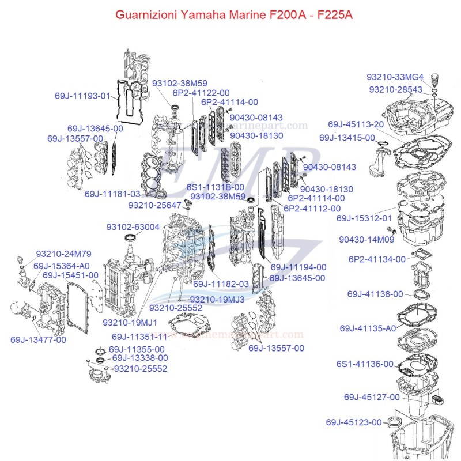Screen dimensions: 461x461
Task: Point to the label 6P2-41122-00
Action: click(201, 93)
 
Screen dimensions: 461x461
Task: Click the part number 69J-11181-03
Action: click(112, 194)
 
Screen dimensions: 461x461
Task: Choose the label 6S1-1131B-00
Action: click(216, 187)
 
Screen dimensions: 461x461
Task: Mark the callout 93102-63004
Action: click(133, 227)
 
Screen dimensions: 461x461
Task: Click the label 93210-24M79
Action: click(63, 254)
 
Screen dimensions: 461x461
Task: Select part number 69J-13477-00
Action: click(38, 339)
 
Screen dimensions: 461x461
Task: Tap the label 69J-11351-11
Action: click(139, 337)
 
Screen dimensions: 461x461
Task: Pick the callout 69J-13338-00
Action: click(140, 358)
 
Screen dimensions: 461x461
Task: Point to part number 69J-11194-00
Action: click(298, 267)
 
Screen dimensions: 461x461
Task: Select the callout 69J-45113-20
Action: click(356, 124)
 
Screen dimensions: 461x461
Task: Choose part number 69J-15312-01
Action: click(364, 218)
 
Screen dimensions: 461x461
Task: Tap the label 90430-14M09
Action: click(366, 239)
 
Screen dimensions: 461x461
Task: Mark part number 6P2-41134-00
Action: click(377, 259)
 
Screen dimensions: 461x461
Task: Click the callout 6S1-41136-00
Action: click(365, 364)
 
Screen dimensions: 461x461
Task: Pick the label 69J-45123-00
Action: click(353, 422)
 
